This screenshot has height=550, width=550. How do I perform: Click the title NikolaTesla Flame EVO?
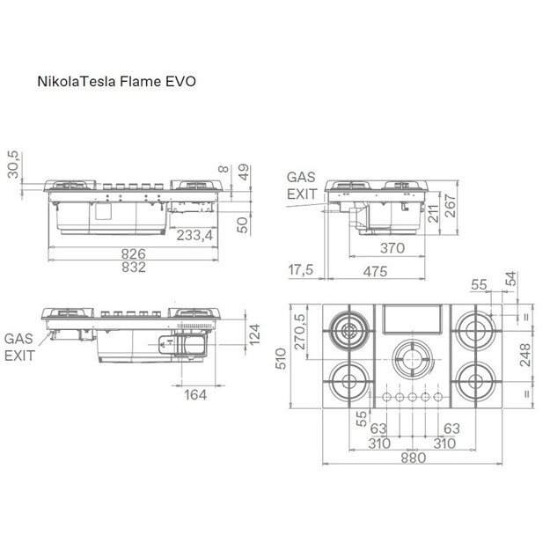(116, 81)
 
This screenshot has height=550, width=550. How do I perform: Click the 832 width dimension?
(134, 268)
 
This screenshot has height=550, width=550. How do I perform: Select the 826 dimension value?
(134, 253)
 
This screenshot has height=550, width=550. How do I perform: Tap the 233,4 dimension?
(194, 235)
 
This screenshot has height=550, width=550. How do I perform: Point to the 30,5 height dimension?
(14, 165)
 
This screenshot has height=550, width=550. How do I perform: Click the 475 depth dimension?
(375, 272)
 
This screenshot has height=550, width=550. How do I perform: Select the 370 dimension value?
(392, 248)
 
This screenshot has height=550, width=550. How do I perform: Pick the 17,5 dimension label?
(301, 270)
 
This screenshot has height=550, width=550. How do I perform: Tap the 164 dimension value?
(195, 395)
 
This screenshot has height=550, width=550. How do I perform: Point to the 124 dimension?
(254, 334)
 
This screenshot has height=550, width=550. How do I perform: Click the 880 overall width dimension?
(414, 458)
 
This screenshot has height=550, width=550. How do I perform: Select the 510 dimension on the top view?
(281, 358)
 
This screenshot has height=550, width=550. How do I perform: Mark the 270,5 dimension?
(299, 332)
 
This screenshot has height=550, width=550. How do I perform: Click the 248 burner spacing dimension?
(525, 356)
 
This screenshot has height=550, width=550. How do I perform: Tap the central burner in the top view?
(412, 360)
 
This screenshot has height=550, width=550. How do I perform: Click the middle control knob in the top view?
(412, 397)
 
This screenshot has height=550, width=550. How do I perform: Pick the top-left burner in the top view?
(349, 331)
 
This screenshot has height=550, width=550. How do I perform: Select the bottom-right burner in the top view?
(475, 382)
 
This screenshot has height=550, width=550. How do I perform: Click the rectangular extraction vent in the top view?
(412, 319)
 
